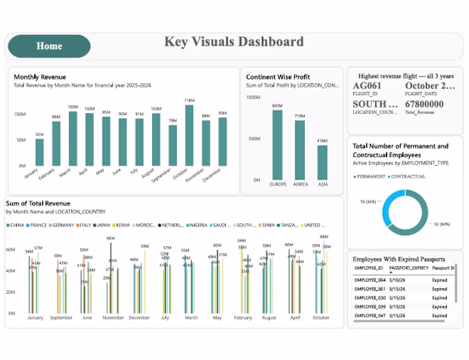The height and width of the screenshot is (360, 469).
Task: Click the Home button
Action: pos(49,46)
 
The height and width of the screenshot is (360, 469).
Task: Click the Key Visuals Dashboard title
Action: pos(234,42)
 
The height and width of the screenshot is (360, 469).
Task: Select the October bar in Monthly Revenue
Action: pos(190,135)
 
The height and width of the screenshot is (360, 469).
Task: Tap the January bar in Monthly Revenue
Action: pos(40,152)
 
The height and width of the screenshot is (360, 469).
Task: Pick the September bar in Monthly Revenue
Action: pos(173,145)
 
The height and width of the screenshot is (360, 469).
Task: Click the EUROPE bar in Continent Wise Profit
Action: pos(277,145)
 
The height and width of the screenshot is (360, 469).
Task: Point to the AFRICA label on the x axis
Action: pos(299,184)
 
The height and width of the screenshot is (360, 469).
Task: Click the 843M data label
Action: pos(277,106)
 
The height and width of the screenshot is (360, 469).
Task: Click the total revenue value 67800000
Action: pos(424,105)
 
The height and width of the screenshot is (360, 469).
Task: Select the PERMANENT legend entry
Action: pos(371,176)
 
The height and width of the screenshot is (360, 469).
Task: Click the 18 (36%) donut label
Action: pos(366,202)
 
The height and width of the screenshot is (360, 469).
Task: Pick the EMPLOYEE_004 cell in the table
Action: pos(368,280)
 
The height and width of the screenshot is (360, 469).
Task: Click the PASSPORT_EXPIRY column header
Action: pos(410,267)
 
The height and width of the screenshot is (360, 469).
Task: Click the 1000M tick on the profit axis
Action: pos(254,97)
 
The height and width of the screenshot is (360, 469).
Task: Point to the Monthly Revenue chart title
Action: pos(40,77)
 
